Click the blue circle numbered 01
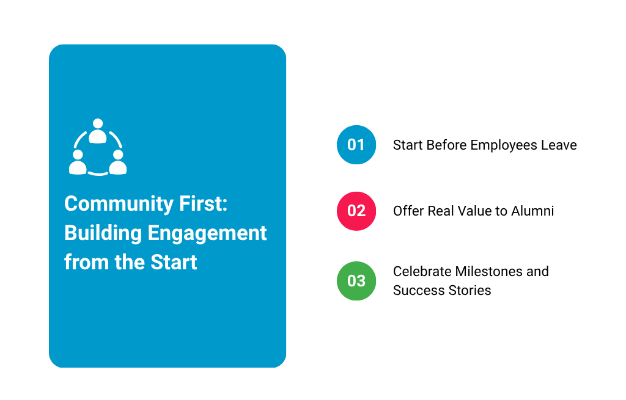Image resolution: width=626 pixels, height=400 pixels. pyautogui.click(x=356, y=145)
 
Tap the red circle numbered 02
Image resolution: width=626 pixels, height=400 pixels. pyautogui.click(x=356, y=211)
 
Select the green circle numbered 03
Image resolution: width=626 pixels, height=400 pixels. pyautogui.click(x=356, y=281)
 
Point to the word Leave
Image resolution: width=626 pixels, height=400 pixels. pyautogui.click(x=559, y=145)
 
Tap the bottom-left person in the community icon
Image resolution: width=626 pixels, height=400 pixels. pyautogui.click(x=78, y=163)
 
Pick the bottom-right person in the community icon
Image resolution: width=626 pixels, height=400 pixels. pyautogui.click(x=117, y=163)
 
